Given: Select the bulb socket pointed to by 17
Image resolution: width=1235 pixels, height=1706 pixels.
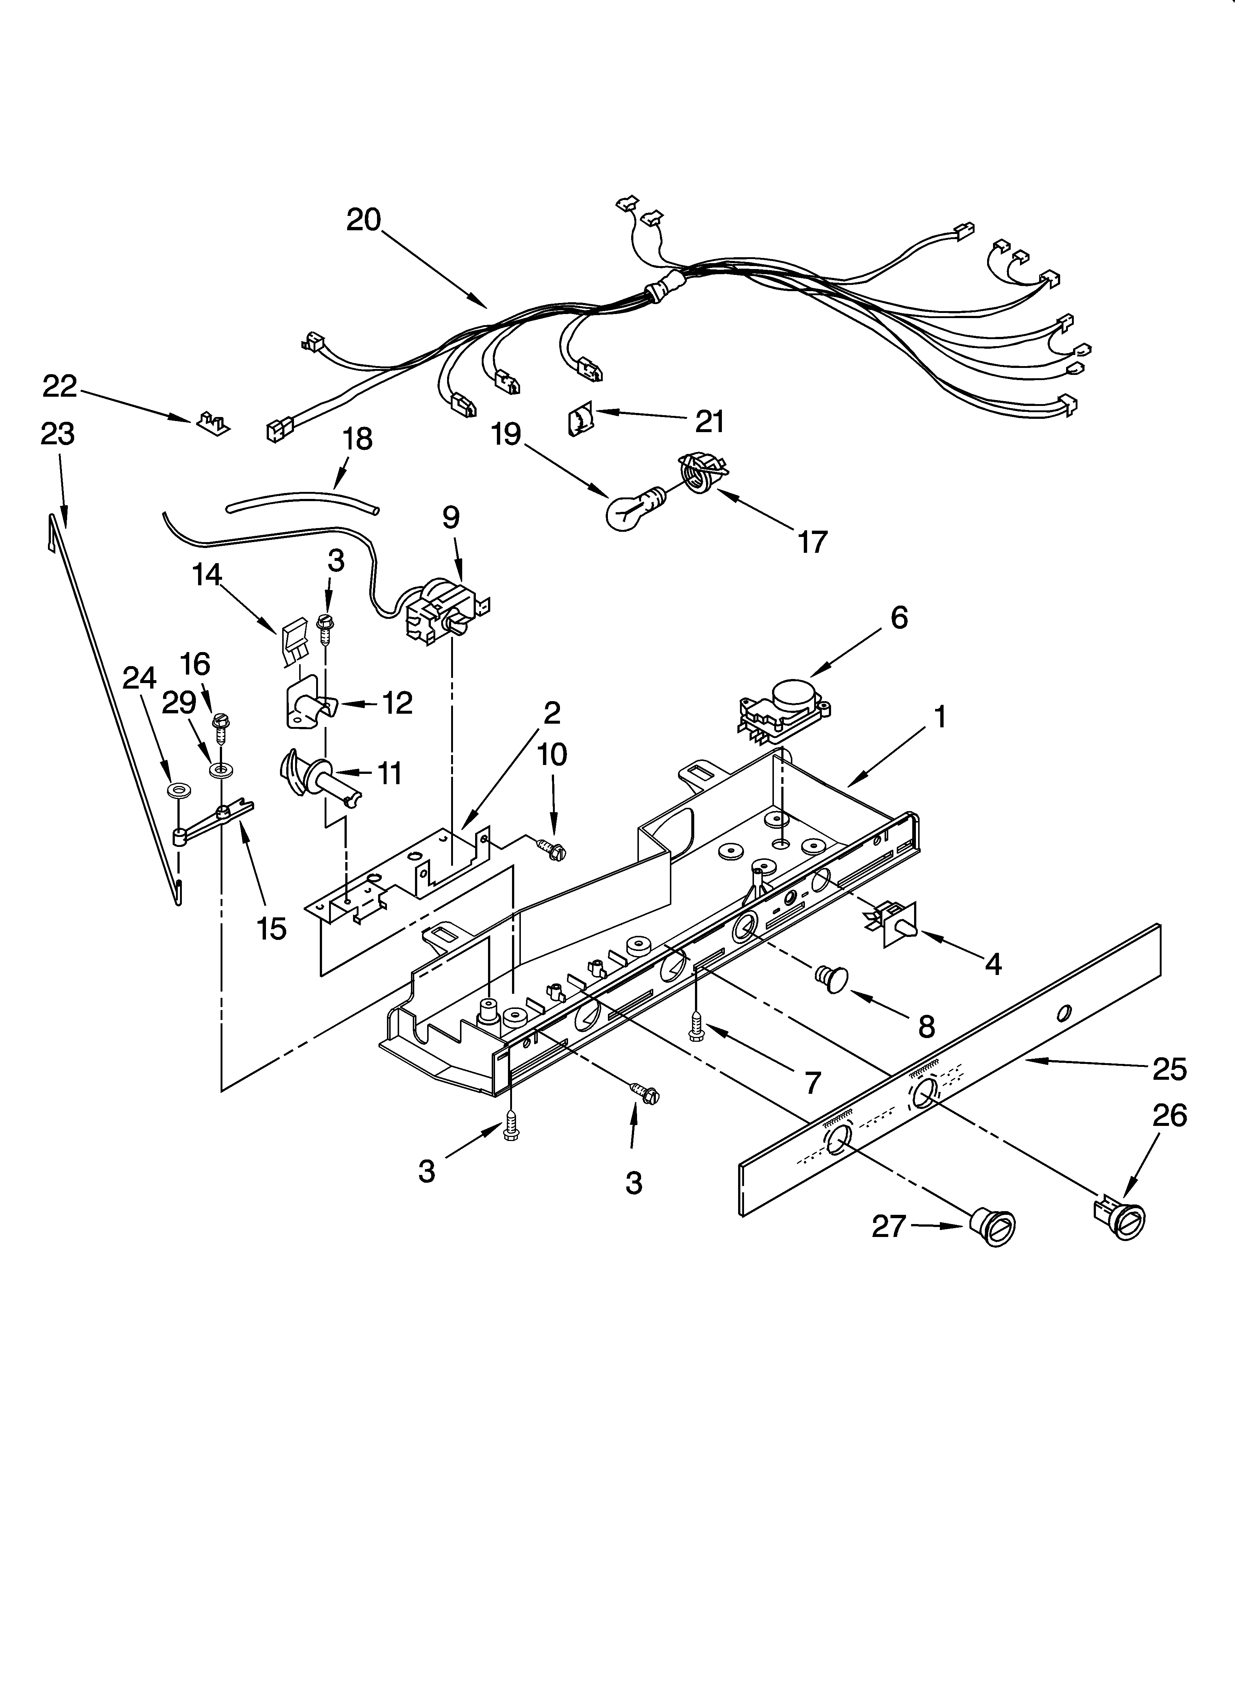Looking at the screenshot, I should click(702, 473).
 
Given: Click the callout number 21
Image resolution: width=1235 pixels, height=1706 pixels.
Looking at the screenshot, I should click(709, 421).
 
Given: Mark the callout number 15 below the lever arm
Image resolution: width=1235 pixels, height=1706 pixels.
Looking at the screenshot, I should click(271, 928).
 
